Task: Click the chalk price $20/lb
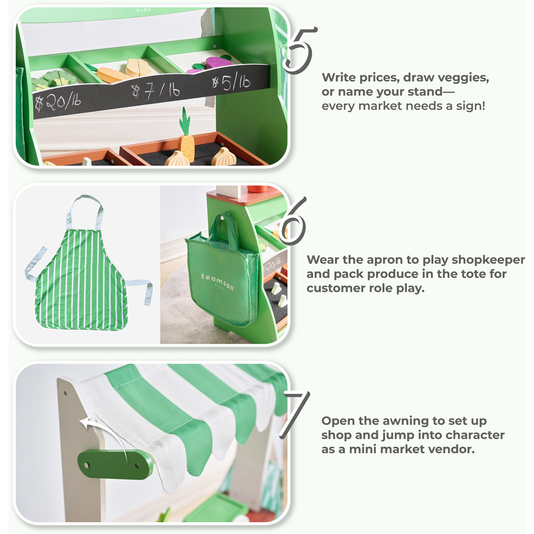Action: [58, 102]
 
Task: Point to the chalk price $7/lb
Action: [155, 91]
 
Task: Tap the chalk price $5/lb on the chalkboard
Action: [231, 82]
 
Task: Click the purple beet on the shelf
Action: [218, 62]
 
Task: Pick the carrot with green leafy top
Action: [186, 136]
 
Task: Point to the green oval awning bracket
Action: [115, 464]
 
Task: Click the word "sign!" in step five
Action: [470, 106]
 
